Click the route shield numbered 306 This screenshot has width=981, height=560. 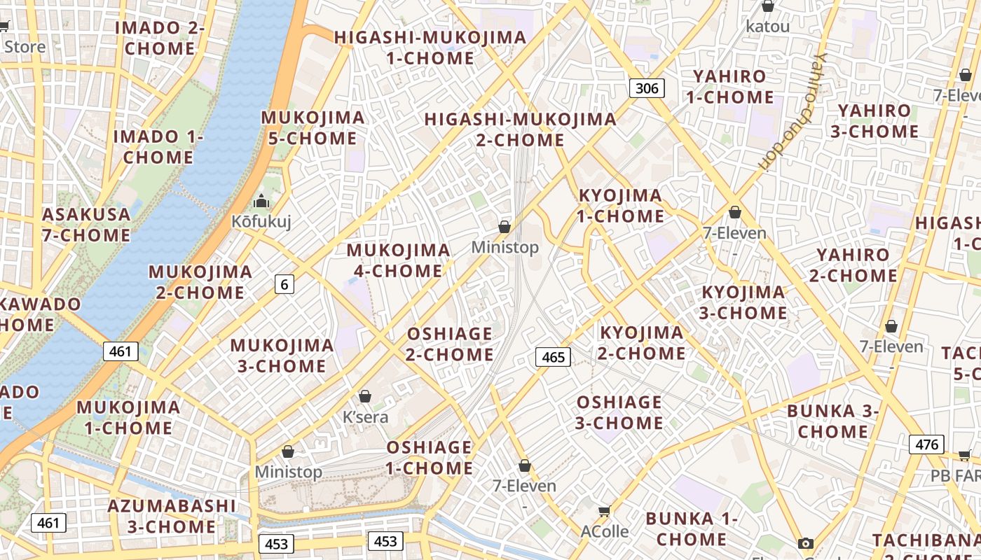click(x=647, y=87)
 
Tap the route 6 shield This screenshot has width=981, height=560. click(x=284, y=283)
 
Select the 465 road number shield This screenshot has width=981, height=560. click(x=553, y=357)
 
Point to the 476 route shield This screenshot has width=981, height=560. click(x=926, y=444)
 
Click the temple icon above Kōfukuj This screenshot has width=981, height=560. click(x=262, y=202)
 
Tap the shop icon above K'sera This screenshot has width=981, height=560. click(x=364, y=396)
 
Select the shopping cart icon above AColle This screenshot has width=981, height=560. click(x=604, y=511)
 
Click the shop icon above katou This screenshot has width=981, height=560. click(x=768, y=6)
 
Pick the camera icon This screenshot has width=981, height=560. click(x=806, y=543)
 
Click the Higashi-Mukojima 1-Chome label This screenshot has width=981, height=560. click(x=430, y=48)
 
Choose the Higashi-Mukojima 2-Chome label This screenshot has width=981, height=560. click(x=520, y=129)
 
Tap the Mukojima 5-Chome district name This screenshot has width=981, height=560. click(x=313, y=127)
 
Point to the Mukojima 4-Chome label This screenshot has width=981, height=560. click(x=398, y=260)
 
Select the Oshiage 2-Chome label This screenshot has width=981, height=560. click(x=450, y=344)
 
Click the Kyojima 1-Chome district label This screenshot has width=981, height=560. click(x=620, y=206)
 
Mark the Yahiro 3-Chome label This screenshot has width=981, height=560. click(x=874, y=121)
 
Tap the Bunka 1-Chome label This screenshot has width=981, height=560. click(x=692, y=528)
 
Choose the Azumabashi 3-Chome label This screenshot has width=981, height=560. click(x=172, y=516)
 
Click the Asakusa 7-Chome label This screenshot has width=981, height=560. click(x=86, y=224)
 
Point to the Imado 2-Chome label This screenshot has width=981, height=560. click(x=160, y=38)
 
